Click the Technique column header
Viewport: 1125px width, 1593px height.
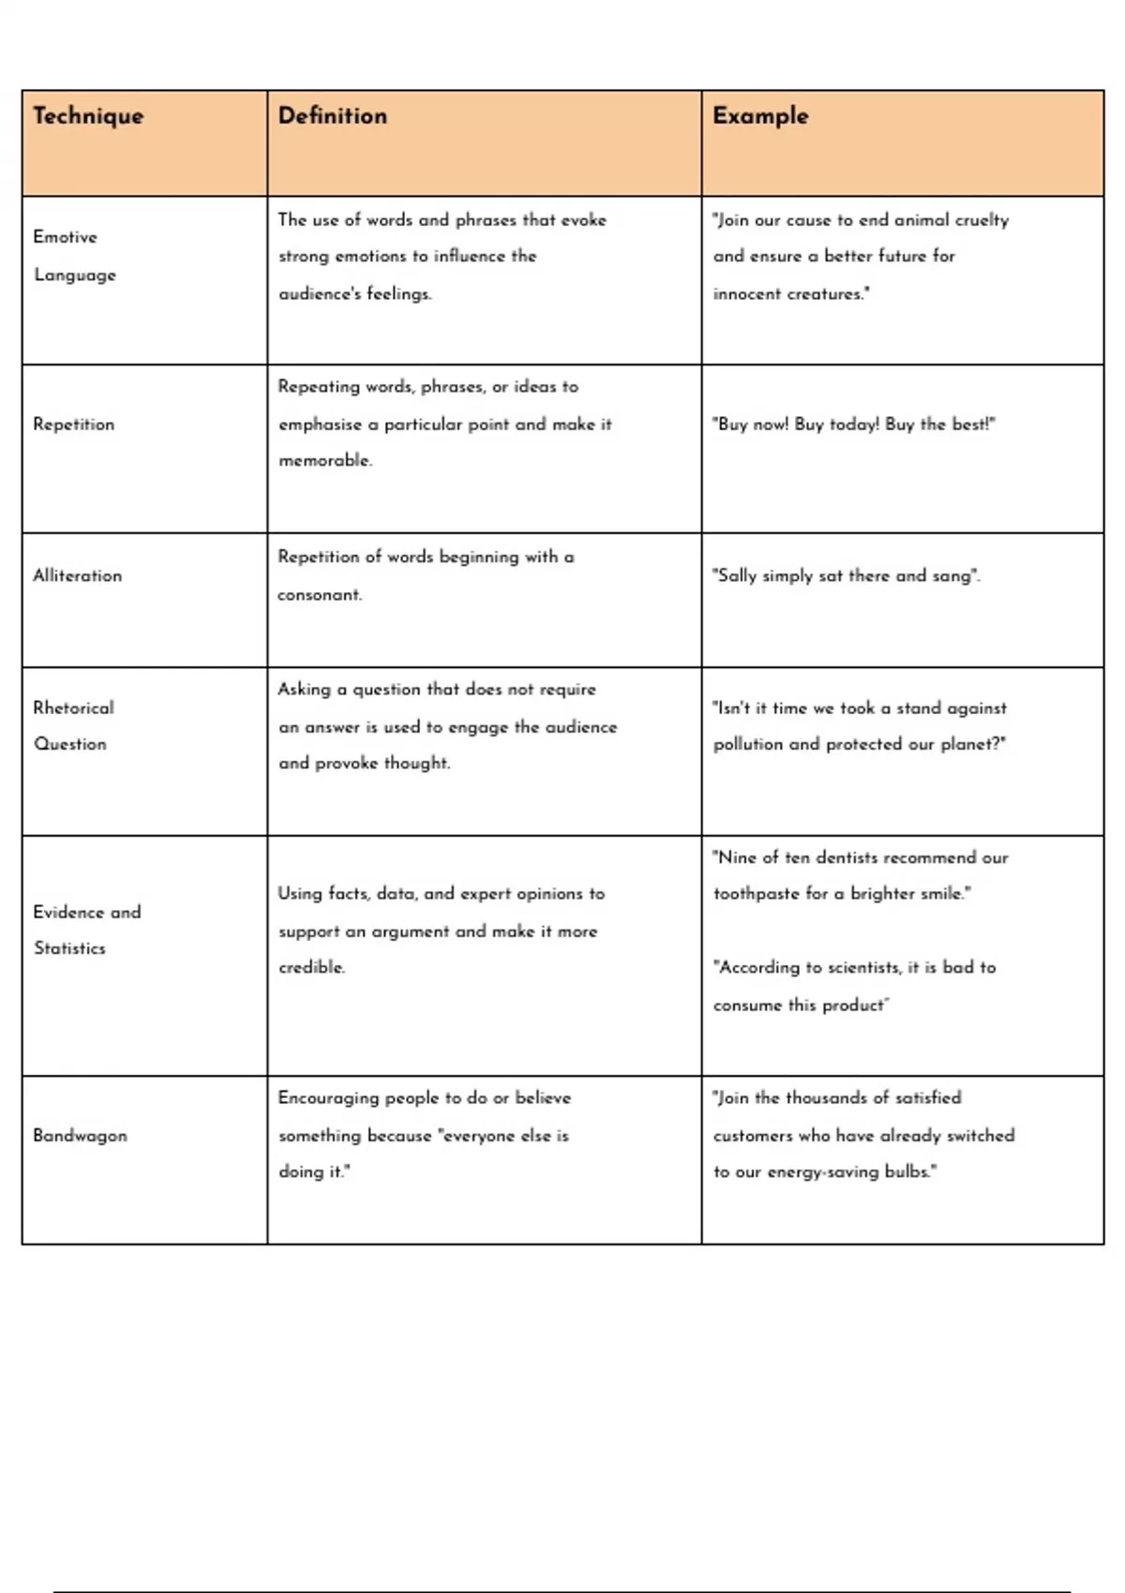(88, 116)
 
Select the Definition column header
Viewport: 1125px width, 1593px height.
(332, 116)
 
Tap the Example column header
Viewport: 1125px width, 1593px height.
(760, 116)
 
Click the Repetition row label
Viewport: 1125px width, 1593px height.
(74, 424)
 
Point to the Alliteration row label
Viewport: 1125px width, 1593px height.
(78, 576)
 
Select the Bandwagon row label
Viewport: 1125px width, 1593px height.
(80, 1136)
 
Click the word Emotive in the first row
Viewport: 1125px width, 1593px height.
(66, 237)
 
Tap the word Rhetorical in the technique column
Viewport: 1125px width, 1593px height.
(73, 708)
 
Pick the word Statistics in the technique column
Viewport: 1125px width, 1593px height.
(70, 948)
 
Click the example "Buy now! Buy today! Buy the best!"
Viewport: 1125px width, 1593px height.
(854, 424)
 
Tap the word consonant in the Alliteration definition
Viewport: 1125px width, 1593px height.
(319, 595)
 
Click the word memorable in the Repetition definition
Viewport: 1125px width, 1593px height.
(324, 461)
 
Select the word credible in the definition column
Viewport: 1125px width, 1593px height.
(311, 967)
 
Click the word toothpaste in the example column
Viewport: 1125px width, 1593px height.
(756, 894)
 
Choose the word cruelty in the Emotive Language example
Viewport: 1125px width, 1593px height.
(982, 220)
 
